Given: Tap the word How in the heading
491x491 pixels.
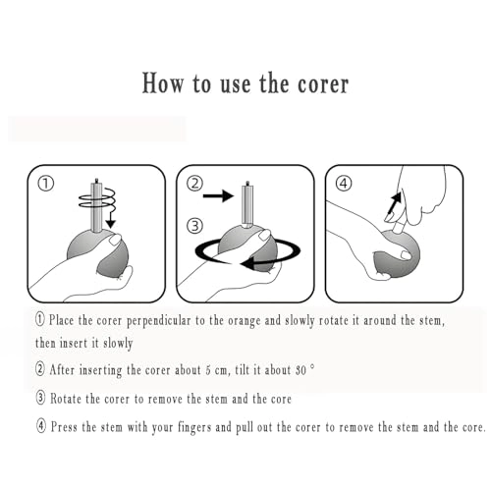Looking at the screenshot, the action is [163, 83].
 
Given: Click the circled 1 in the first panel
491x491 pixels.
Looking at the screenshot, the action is [46, 184].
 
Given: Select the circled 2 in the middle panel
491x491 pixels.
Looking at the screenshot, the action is [194, 184].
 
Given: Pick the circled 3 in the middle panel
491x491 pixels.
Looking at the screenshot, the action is [194, 226].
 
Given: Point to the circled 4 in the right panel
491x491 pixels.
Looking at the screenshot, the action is [344, 184].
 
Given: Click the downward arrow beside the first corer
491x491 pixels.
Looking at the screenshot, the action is [111, 219].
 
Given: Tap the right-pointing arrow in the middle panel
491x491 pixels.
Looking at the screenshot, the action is [218, 195].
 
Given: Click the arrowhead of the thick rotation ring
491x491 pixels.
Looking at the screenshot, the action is [247, 262].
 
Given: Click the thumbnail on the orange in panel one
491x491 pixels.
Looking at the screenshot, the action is [115, 240].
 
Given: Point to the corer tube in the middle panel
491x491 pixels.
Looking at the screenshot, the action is [247, 204].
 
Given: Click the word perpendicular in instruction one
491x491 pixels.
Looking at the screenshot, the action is [158, 321].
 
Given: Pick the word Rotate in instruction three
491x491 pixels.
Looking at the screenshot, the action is [66, 399].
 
